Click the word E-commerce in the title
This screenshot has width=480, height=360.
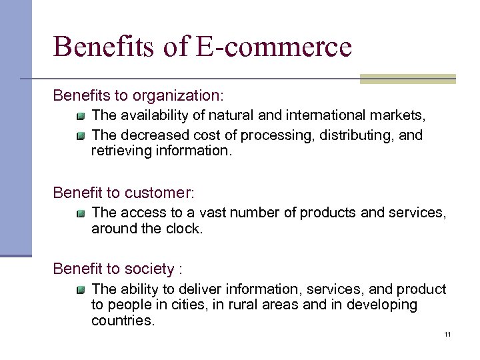tap(274, 47)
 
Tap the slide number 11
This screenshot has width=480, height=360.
tap(447, 333)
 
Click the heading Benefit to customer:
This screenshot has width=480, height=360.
tap(124, 193)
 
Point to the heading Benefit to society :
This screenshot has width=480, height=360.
tap(118, 269)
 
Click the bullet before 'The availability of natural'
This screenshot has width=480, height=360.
tap(81, 117)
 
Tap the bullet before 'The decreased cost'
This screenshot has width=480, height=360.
tap(81, 137)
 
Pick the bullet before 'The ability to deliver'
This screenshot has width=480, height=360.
tap(81, 291)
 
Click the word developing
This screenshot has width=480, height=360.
tap(382, 305)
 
